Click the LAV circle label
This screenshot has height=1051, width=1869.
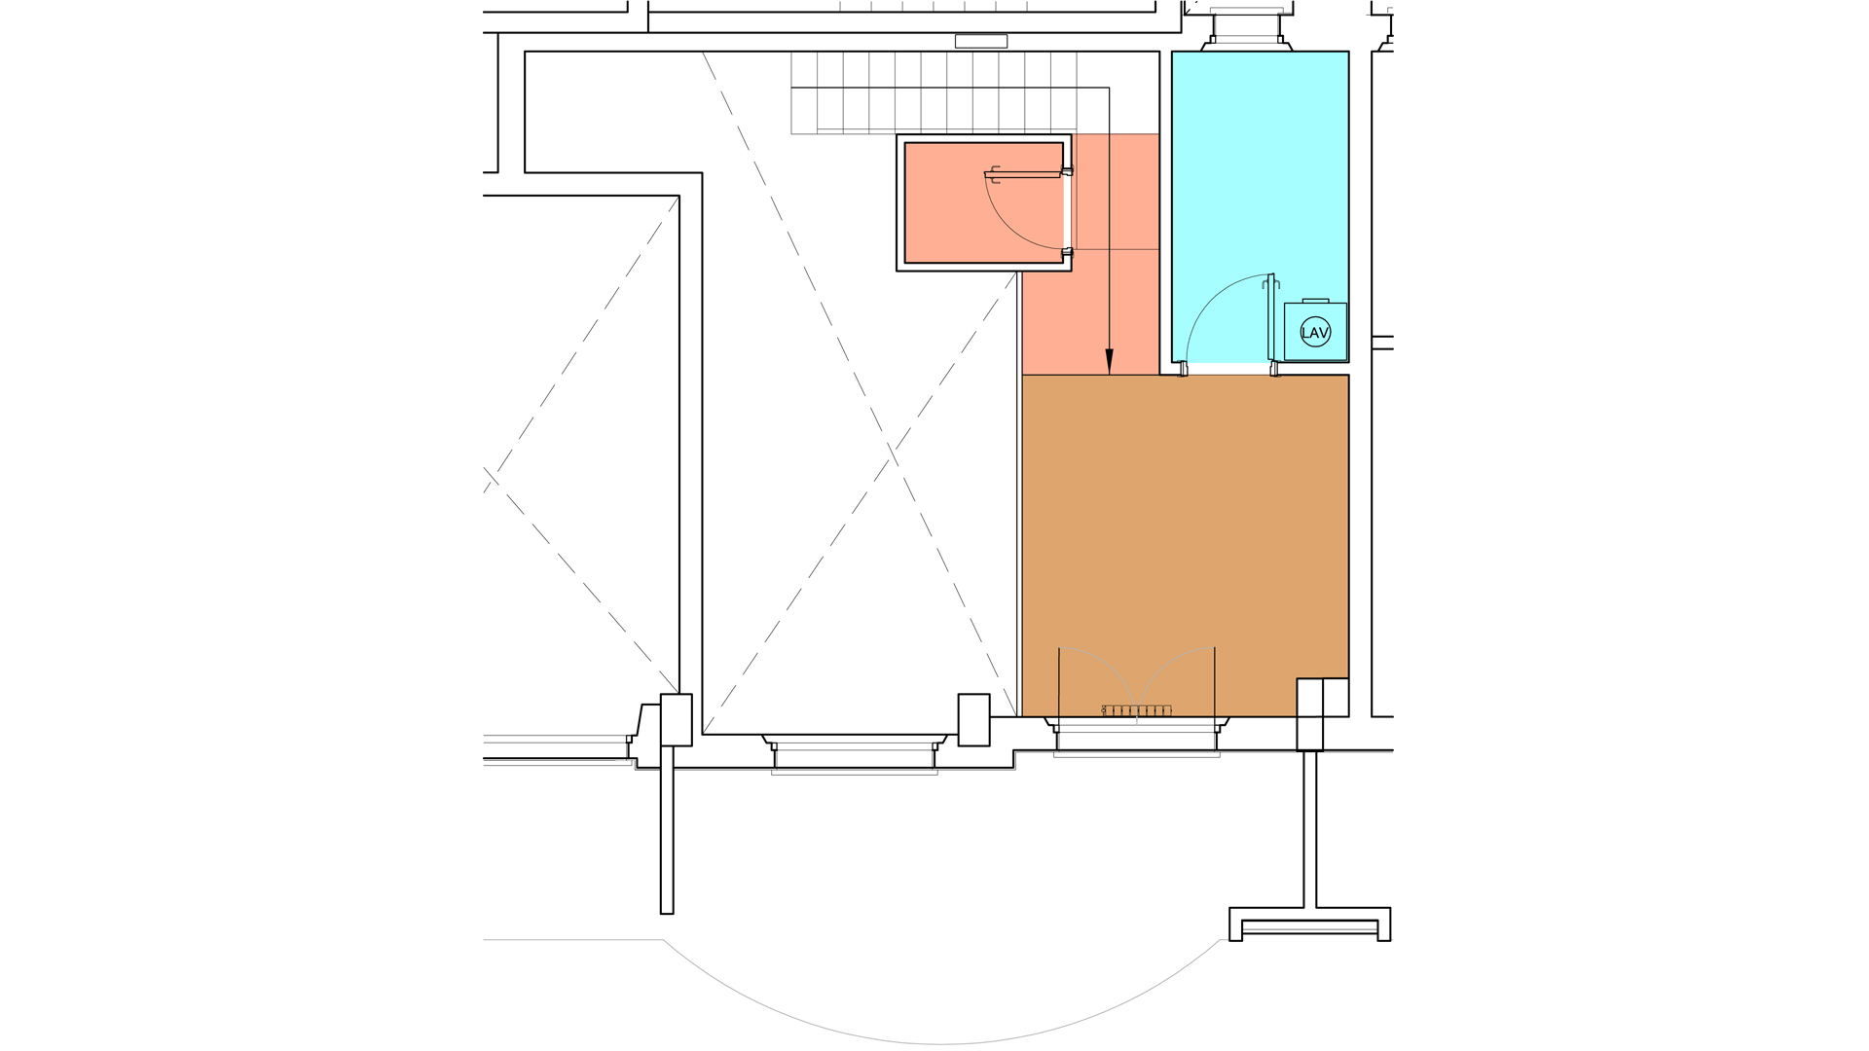[1315, 333]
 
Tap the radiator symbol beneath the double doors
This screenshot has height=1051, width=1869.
[1137, 710]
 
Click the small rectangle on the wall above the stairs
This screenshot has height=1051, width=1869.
[980, 41]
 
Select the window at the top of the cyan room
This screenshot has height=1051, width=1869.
[1246, 24]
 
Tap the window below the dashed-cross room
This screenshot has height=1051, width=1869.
[854, 754]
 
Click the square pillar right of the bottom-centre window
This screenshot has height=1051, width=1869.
[973, 719]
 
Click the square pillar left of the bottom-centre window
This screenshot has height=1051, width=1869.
[676, 719]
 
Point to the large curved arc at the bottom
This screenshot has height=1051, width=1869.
[940, 1043]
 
